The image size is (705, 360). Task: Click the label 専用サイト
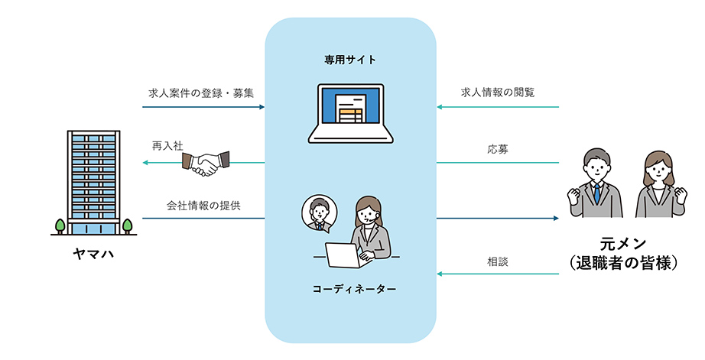349,59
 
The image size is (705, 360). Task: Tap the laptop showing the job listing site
350,114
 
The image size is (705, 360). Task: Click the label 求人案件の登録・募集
201,92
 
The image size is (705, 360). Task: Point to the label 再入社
167,145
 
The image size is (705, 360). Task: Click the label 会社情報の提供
204,206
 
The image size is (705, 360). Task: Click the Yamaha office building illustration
94,181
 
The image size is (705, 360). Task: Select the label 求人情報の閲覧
498,92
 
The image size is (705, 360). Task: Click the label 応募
498,150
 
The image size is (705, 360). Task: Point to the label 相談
498,261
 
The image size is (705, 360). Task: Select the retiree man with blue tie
595,184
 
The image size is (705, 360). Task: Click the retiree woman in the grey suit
658,184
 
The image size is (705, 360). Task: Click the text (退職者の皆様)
624,264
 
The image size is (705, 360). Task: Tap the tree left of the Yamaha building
60,225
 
